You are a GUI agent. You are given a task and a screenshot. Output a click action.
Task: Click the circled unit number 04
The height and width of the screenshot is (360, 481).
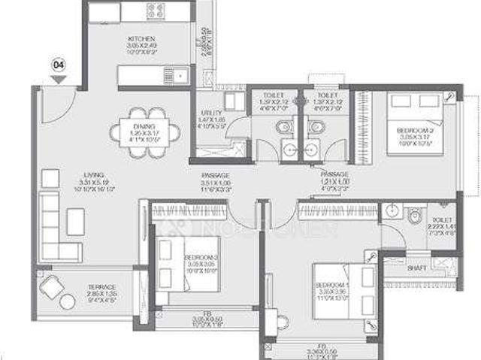pyautogui.click(x=58, y=65)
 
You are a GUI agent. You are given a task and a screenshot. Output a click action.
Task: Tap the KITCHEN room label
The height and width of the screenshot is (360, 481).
pyautogui.click(x=141, y=39)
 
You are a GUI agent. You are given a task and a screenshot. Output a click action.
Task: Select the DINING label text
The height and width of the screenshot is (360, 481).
pyautogui.click(x=144, y=126)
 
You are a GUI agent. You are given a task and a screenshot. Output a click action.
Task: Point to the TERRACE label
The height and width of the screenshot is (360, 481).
pyautogui.click(x=100, y=287)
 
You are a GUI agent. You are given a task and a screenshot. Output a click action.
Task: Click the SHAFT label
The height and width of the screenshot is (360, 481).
pyautogui.click(x=417, y=268)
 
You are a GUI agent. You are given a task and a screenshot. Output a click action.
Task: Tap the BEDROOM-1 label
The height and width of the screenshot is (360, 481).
pyautogui.click(x=331, y=285)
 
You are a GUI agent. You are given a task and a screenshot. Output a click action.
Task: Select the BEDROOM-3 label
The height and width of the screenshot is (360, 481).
pyautogui.click(x=201, y=257)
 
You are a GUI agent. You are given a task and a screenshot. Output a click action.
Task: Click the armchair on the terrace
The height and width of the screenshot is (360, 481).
pyautogui.click(x=56, y=289)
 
